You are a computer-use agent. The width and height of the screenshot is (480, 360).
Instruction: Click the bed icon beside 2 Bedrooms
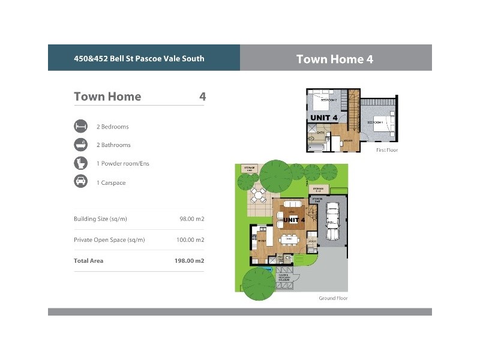(x=80, y=127)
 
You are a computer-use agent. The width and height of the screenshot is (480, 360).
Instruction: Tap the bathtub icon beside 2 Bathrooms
(x=80, y=145)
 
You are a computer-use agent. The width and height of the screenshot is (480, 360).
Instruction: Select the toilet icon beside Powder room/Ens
(x=80, y=163)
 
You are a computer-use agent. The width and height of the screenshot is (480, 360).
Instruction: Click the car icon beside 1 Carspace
(x=80, y=182)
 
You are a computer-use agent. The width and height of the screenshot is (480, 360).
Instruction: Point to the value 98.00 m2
(x=192, y=220)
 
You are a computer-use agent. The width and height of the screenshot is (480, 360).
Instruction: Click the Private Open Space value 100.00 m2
(x=191, y=240)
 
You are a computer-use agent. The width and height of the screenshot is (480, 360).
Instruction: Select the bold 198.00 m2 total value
(x=190, y=261)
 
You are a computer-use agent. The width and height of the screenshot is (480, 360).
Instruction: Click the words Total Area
(x=88, y=261)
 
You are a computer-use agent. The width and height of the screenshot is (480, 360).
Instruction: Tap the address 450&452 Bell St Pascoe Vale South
(x=139, y=59)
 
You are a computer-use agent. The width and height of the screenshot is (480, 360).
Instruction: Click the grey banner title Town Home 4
(x=335, y=59)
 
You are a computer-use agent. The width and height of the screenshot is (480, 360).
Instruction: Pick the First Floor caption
(x=387, y=150)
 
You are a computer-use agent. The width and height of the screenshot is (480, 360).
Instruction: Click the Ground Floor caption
(x=333, y=298)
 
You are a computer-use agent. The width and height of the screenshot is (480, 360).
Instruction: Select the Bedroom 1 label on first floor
(x=376, y=122)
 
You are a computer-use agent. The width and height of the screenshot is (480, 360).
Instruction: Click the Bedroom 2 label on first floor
(x=324, y=100)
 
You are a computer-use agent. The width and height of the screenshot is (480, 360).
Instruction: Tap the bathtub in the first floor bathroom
(x=316, y=145)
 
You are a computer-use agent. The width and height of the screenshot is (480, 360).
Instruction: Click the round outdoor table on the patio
(x=259, y=194)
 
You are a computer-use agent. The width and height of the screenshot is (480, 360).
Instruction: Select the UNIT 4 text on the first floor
(x=323, y=118)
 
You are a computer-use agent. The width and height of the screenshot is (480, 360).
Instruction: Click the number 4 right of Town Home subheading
(x=202, y=97)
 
